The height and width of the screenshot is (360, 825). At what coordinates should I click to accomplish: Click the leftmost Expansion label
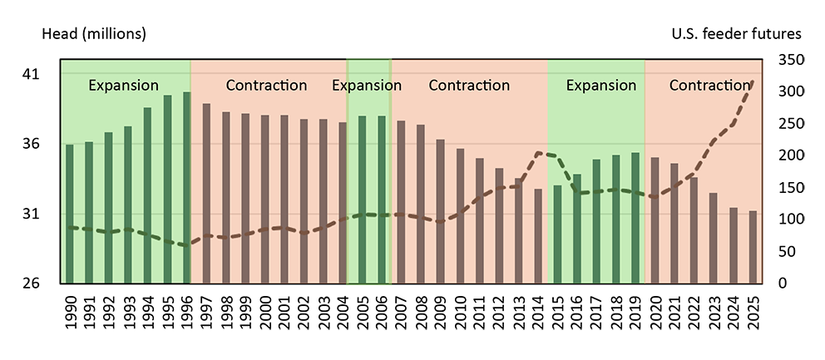click(x=123, y=86)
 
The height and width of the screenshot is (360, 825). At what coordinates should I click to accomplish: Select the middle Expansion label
click(x=367, y=86)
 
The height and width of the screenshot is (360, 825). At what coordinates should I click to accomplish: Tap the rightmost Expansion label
click(x=600, y=86)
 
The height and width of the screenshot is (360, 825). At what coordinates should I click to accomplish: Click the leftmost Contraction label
click(x=266, y=86)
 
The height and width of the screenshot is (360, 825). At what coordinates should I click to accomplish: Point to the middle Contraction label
click(x=469, y=86)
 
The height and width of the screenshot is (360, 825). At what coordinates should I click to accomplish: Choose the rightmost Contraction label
click(x=709, y=86)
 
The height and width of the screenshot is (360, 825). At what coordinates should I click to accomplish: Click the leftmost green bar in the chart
click(x=70, y=214)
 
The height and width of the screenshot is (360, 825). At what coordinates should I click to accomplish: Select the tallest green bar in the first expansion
click(x=187, y=187)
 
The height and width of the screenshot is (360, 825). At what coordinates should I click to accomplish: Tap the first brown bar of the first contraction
click(x=206, y=193)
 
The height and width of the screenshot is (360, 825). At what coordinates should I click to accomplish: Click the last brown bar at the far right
click(x=753, y=247)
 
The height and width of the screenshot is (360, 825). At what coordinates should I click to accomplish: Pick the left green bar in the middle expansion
click(x=362, y=200)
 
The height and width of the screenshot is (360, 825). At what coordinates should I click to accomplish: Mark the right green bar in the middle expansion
click(x=382, y=200)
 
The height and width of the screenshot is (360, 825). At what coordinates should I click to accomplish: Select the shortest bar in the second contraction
click(x=538, y=236)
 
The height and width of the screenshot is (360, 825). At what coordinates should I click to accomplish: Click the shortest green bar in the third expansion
click(x=557, y=234)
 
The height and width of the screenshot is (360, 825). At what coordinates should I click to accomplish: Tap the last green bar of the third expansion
click(x=635, y=218)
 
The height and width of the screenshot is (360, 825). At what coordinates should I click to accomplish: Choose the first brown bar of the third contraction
click(x=655, y=220)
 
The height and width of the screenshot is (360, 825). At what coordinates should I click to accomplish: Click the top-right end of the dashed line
click(x=753, y=81)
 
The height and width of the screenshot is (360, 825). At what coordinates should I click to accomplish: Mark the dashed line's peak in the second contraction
click(x=541, y=153)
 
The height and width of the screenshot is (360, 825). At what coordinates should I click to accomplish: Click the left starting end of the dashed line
click(x=68, y=227)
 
